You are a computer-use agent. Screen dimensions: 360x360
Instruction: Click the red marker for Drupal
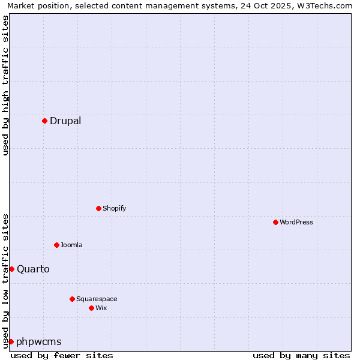click(44, 121)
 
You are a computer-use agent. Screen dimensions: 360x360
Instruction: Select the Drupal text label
click(65, 121)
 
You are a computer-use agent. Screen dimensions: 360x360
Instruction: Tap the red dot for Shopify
click(98, 208)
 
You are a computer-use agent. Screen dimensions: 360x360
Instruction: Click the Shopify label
click(114, 208)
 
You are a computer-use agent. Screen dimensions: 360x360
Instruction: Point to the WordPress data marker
click(275, 222)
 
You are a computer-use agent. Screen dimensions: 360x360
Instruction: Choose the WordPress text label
click(296, 222)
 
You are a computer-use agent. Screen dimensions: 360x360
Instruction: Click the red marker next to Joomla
click(56, 245)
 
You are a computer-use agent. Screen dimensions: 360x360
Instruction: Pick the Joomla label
click(71, 245)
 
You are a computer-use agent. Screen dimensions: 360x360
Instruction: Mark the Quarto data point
click(11, 269)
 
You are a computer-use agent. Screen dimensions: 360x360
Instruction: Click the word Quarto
click(33, 269)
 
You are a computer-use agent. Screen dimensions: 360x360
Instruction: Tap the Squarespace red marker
click(72, 299)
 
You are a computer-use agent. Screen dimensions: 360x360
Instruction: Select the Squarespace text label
click(97, 299)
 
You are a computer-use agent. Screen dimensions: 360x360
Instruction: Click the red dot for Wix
click(91, 308)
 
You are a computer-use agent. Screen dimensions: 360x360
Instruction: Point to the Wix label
click(101, 308)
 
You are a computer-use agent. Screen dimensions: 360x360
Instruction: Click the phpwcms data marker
click(11, 341)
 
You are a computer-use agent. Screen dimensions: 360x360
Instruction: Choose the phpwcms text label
click(38, 341)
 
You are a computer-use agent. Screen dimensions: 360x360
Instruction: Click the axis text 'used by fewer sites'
click(62, 355)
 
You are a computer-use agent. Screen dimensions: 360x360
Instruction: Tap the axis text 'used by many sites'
click(301, 355)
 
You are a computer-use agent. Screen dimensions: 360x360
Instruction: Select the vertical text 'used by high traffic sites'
click(5, 85)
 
